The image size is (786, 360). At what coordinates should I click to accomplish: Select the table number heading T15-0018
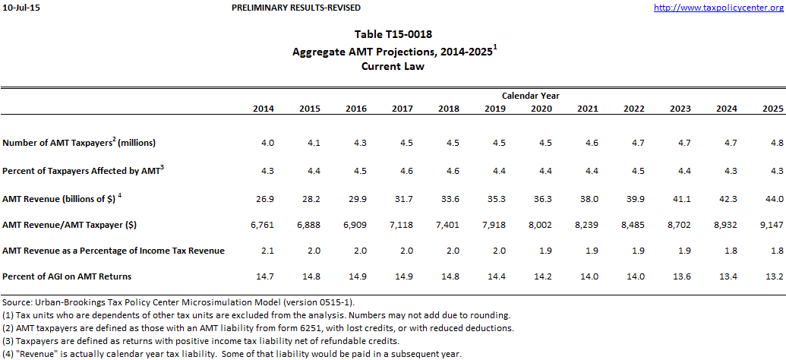[x=393, y=35]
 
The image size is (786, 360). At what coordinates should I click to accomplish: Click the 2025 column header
[x=772, y=109]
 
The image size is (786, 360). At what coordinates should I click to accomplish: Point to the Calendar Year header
[x=530, y=96]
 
